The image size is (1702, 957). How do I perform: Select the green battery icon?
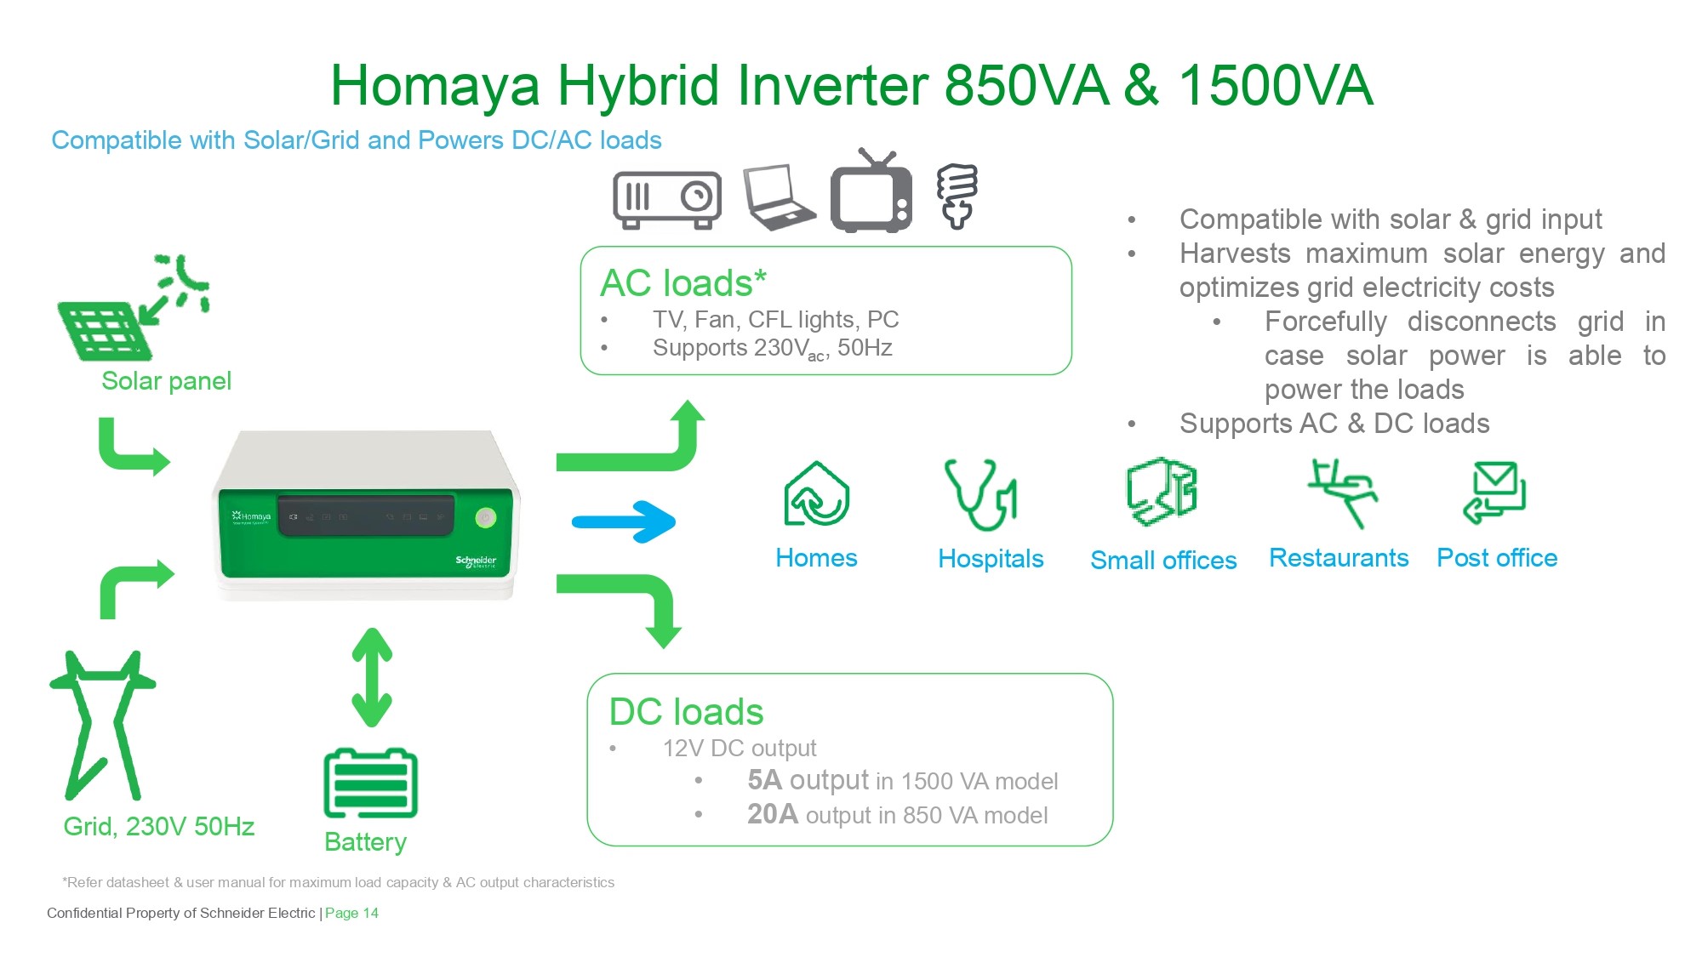point(371,783)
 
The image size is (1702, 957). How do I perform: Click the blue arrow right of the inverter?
point(624,521)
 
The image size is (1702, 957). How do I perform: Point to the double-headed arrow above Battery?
point(372,677)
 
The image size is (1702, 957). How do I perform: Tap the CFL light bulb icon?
point(957,197)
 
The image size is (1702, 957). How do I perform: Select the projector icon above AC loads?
point(667,200)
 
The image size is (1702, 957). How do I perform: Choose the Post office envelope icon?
point(1495,493)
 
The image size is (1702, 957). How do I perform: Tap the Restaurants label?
point(1339,558)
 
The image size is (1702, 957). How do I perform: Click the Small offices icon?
point(1162,492)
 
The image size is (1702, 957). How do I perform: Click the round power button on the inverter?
point(485,517)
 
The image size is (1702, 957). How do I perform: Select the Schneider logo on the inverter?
point(476,561)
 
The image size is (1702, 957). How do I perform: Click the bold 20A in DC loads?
point(773,814)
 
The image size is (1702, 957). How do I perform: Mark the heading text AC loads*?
point(683,282)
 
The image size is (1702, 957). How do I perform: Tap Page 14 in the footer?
point(351,913)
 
